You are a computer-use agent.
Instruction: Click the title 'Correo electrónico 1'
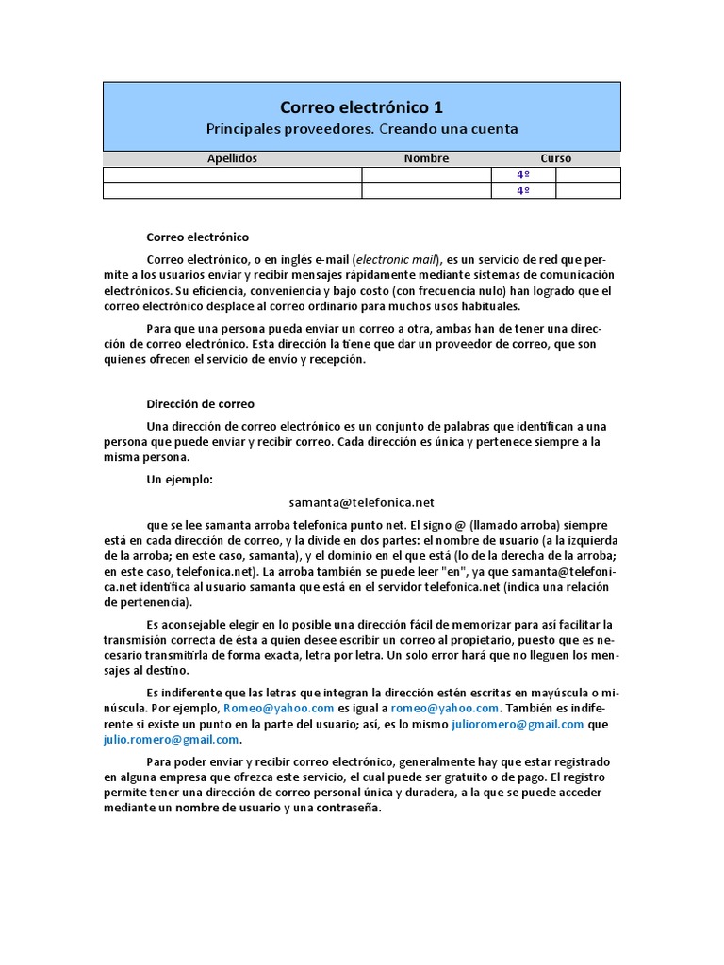[x=362, y=107]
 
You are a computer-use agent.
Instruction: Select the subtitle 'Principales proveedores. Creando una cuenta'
[x=362, y=128]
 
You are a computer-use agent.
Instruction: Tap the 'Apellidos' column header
[x=232, y=158]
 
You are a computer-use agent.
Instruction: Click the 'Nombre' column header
[x=426, y=158]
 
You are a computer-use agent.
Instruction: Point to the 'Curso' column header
[x=555, y=158]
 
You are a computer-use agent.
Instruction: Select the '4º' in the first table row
[x=523, y=174]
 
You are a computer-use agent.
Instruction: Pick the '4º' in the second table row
[x=523, y=190]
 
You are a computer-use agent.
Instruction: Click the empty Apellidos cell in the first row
[x=232, y=174]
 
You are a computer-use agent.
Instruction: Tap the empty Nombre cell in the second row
[x=426, y=190]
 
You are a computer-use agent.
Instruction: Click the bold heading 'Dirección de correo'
[x=200, y=403]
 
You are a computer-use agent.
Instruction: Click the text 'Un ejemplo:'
[x=180, y=480]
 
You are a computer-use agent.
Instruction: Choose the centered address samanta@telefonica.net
[x=362, y=503]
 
